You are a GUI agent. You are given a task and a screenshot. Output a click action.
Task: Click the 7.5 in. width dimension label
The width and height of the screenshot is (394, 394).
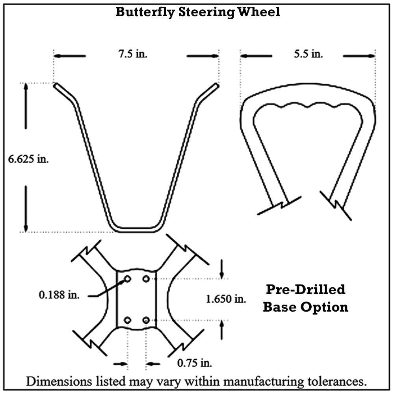tap(133, 54)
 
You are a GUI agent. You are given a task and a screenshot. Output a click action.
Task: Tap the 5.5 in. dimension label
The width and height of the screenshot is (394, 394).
tap(309, 54)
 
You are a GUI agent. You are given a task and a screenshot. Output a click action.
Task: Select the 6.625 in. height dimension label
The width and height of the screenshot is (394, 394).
tap(28, 159)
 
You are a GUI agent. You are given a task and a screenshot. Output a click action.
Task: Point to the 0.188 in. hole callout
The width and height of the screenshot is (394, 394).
tap(59, 295)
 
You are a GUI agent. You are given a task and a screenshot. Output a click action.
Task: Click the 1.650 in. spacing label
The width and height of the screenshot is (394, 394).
tap(226, 299)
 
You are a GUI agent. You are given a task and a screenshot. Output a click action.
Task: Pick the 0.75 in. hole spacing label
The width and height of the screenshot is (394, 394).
tap(195, 363)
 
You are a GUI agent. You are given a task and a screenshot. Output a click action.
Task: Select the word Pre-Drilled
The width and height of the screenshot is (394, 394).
tap(306, 290)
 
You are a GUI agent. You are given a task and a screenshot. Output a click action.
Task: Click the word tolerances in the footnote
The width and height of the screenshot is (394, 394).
tap(335, 381)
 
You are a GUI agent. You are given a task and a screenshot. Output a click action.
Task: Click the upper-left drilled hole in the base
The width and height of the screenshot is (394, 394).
tap(127, 279)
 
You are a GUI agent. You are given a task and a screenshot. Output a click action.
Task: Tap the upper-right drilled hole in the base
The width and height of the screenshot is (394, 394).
tap(146, 279)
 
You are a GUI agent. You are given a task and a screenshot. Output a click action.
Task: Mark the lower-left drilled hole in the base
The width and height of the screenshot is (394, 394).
tap(127, 320)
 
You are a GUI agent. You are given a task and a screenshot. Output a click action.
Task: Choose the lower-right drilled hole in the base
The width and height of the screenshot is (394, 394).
tap(146, 320)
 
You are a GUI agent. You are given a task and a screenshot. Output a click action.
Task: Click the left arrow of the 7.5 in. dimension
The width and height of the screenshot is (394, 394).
tap(70, 56)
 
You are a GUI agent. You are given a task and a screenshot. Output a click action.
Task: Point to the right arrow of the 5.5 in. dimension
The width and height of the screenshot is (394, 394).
tap(359, 56)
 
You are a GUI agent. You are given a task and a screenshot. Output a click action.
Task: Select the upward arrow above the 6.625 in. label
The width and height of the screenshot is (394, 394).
tap(26, 106)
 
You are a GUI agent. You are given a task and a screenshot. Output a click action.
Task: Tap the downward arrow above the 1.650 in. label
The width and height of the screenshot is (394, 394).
tap(221, 269)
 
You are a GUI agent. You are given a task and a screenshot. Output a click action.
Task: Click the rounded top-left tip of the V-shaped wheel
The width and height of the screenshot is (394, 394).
tap(56, 85)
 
